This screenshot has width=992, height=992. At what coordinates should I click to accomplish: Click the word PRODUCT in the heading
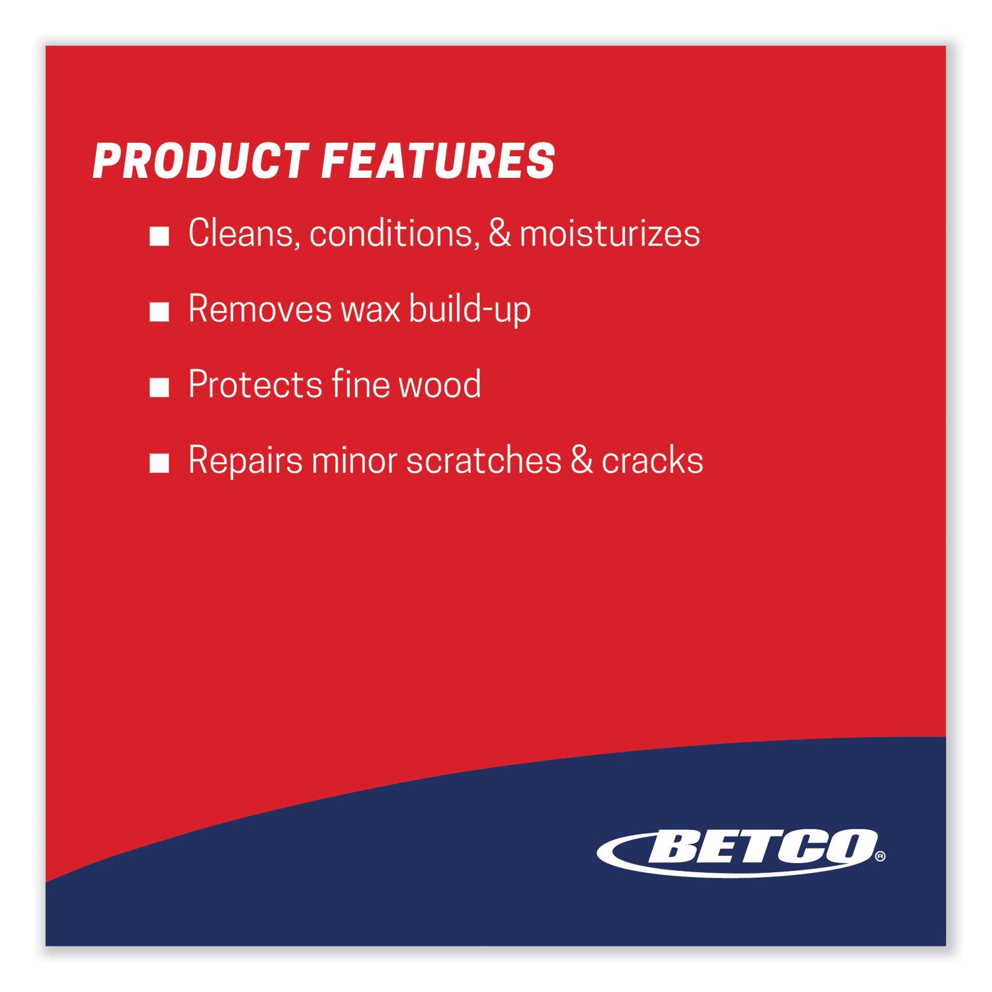tap(200, 161)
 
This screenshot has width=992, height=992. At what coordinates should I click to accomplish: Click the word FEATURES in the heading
tap(438, 161)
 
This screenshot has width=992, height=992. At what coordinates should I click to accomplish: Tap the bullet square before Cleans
tap(159, 236)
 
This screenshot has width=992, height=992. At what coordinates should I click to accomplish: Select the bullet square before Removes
tap(159, 311)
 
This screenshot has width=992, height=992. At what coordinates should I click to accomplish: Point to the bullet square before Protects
tap(159, 388)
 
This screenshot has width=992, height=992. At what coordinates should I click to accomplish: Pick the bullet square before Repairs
tap(159, 463)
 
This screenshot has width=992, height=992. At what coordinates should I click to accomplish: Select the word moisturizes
tap(610, 233)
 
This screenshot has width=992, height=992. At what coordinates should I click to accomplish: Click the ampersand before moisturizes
tap(500, 233)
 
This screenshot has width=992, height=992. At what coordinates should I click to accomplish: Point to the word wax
tap(370, 310)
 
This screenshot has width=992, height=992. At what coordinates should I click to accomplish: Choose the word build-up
tap(470, 310)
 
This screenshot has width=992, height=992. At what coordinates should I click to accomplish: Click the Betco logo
tap(738, 852)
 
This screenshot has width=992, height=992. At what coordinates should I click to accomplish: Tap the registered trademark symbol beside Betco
tap(880, 856)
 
